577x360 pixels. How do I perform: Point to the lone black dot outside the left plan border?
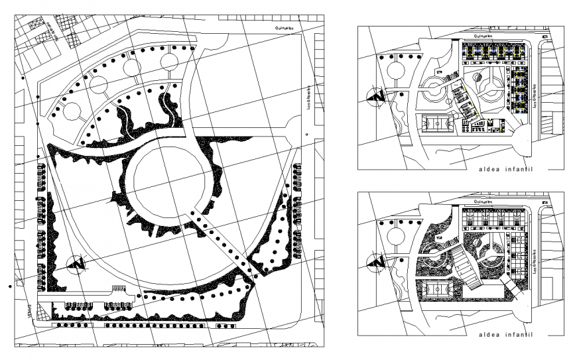click(x=9, y=286)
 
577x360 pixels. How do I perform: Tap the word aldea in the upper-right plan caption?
click(x=489, y=170)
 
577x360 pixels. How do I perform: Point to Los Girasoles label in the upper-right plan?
click(x=534, y=97)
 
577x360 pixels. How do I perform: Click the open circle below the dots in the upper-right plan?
click(x=397, y=70)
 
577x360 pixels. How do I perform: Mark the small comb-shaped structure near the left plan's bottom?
click(x=117, y=289)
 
